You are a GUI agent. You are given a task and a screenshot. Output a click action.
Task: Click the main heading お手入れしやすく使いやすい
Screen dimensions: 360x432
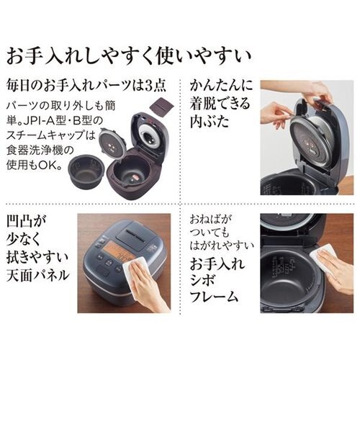tap(129, 56)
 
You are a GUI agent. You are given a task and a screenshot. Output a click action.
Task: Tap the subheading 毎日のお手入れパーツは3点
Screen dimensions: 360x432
tap(86, 86)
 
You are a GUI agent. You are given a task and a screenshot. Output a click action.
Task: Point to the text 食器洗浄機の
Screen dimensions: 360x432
tap(40, 150)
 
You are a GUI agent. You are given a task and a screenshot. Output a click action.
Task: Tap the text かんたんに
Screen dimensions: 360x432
tap(221, 86)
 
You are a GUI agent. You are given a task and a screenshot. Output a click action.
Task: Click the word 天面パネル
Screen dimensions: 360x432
tap(37, 275)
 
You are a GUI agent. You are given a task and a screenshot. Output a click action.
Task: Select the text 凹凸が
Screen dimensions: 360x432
tap(27, 222)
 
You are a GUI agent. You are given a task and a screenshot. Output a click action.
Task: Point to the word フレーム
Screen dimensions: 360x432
tap(214, 297)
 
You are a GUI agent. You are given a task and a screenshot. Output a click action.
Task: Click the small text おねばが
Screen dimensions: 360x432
tap(210, 220)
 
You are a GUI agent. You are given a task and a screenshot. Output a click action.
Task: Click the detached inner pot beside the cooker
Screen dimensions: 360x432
tap(86, 171)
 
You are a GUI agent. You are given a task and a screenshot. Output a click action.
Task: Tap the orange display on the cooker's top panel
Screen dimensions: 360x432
tap(118, 251)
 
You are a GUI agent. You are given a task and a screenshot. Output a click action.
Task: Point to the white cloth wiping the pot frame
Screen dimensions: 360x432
tap(323, 258)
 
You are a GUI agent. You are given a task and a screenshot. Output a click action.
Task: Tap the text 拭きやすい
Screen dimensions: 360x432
tap(37, 257)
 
